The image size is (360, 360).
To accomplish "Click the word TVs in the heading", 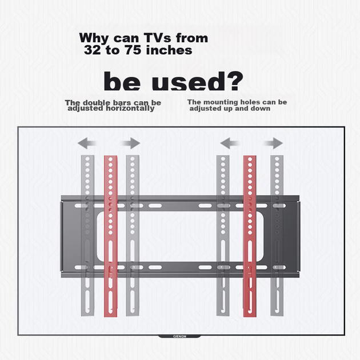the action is tap(157, 38).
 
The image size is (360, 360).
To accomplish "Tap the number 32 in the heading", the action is tap(93, 50).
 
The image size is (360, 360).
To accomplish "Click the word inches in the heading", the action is tap(169, 50).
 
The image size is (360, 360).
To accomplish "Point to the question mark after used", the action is tap(234, 81).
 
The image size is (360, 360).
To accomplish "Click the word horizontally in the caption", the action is tap(130, 109).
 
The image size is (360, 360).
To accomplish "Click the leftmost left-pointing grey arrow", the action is tap(87, 143).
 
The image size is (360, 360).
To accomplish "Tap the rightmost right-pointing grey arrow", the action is tap(273, 143).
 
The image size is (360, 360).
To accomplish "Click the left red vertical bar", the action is tap(111, 236).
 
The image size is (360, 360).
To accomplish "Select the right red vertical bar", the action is tap(250, 236).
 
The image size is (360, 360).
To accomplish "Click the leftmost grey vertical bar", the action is tap(87, 235).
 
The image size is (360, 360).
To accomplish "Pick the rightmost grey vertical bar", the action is tap(277, 235).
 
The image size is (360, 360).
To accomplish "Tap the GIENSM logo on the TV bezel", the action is tap(179, 337).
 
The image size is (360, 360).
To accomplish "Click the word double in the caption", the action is tap(95, 102).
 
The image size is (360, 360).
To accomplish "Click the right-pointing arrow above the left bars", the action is tap(130, 143).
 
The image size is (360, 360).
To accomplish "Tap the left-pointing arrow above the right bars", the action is tap(230, 143).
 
